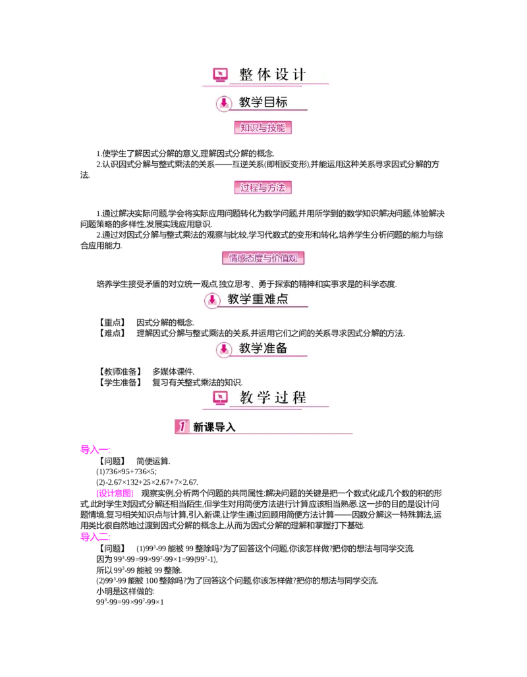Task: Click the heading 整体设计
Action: click(x=273, y=75)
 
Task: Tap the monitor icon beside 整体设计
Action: click(x=220, y=75)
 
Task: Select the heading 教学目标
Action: click(x=263, y=103)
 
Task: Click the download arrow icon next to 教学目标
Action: click(x=224, y=103)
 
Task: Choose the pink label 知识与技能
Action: click(x=263, y=128)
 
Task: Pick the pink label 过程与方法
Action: click(x=263, y=188)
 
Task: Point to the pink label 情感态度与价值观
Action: click(x=265, y=258)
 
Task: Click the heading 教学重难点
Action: click(x=258, y=300)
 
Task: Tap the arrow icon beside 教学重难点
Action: click(x=211, y=300)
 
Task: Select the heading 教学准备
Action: click(x=263, y=349)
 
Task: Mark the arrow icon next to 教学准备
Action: click(x=224, y=350)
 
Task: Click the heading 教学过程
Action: click(x=273, y=398)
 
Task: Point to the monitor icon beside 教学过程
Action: click(x=220, y=398)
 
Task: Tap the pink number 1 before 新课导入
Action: click(x=182, y=427)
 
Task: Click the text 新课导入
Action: click(x=214, y=427)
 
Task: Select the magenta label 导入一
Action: click(x=95, y=450)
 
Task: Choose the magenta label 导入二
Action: click(x=95, y=537)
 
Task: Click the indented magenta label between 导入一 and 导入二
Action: click(x=115, y=494)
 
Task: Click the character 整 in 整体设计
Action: click(x=246, y=75)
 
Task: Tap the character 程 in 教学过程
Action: click(x=300, y=398)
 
